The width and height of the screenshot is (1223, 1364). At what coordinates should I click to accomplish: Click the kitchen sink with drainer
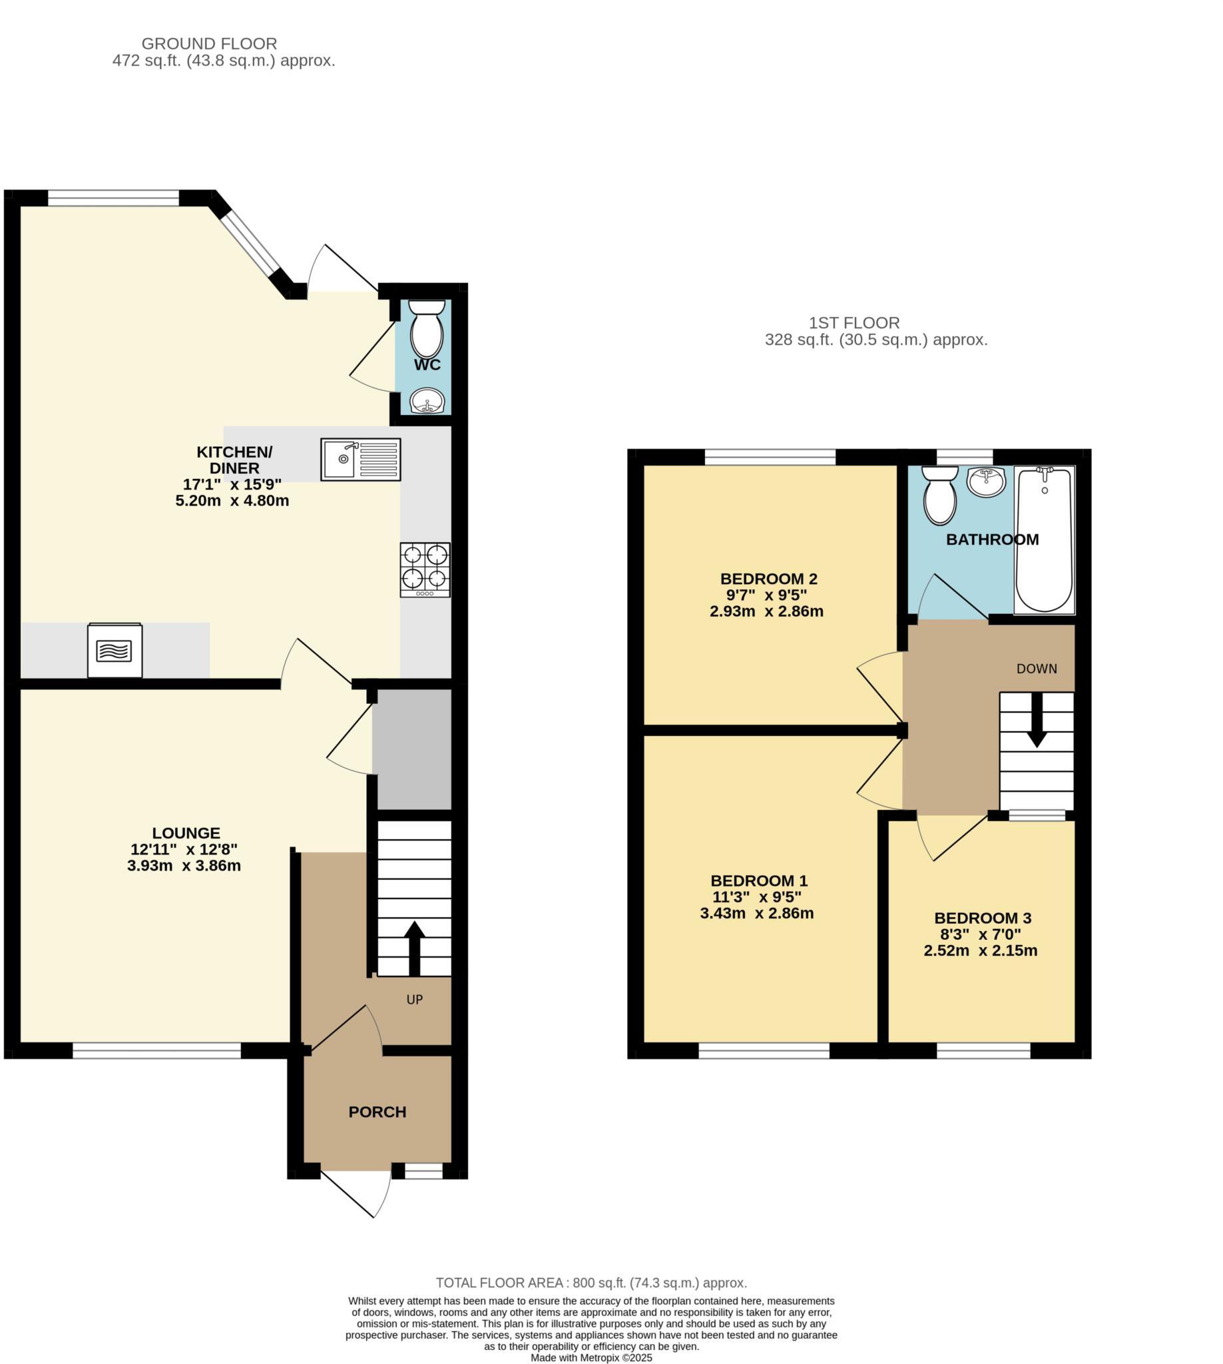pyautogui.click(x=360, y=459)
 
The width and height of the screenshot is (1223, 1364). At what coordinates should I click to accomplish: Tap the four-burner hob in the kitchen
pyautogui.click(x=425, y=569)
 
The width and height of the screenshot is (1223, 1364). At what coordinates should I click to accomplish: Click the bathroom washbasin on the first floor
pyautogui.click(x=986, y=482)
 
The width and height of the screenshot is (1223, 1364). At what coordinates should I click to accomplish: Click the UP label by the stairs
pyautogui.click(x=415, y=1000)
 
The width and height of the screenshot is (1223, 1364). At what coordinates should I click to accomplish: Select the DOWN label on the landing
pyautogui.click(x=1036, y=669)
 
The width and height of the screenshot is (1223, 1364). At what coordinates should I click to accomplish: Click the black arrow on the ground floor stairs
pyautogui.click(x=414, y=948)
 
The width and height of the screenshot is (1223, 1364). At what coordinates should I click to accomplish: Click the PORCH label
pyautogui.click(x=377, y=1112)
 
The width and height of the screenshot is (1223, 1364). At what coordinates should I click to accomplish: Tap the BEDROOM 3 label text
pyautogui.click(x=982, y=918)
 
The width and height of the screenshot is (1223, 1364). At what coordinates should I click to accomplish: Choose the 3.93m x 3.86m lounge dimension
pyautogui.click(x=184, y=866)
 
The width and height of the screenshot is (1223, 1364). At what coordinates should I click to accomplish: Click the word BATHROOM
pyautogui.click(x=992, y=539)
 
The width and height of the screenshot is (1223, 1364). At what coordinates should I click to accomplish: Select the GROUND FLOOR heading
pyautogui.click(x=209, y=44)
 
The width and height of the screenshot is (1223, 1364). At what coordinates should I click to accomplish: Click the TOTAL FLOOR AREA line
pyautogui.click(x=591, y=1283)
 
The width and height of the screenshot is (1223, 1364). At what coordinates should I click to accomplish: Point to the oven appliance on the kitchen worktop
pyautogui.click(x=115, y=650)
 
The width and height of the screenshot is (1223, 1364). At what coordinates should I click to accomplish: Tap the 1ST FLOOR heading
pyautogui.click(x=854, y=322)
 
